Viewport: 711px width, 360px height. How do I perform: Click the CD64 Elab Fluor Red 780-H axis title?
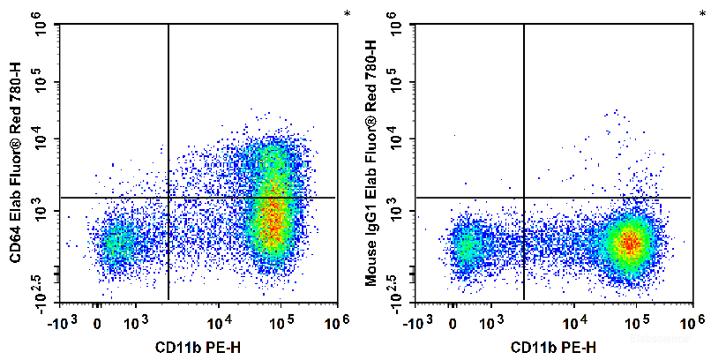[16, 163]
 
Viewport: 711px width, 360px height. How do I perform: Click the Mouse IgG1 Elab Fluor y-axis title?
[371, 163]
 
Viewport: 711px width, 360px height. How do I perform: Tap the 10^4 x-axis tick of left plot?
[220, 322]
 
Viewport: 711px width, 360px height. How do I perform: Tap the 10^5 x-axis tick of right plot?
[634, 322]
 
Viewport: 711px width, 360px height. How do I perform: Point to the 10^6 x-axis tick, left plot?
[333, 322]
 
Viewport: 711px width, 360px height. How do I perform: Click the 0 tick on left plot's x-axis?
[97, 322]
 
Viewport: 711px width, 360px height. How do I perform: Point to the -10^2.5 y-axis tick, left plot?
[41, 289]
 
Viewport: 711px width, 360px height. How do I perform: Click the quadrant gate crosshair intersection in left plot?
[168, 198]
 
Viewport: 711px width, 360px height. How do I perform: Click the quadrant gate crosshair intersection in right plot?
[524, 198]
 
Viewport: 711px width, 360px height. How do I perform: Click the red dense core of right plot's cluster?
[629, 241]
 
